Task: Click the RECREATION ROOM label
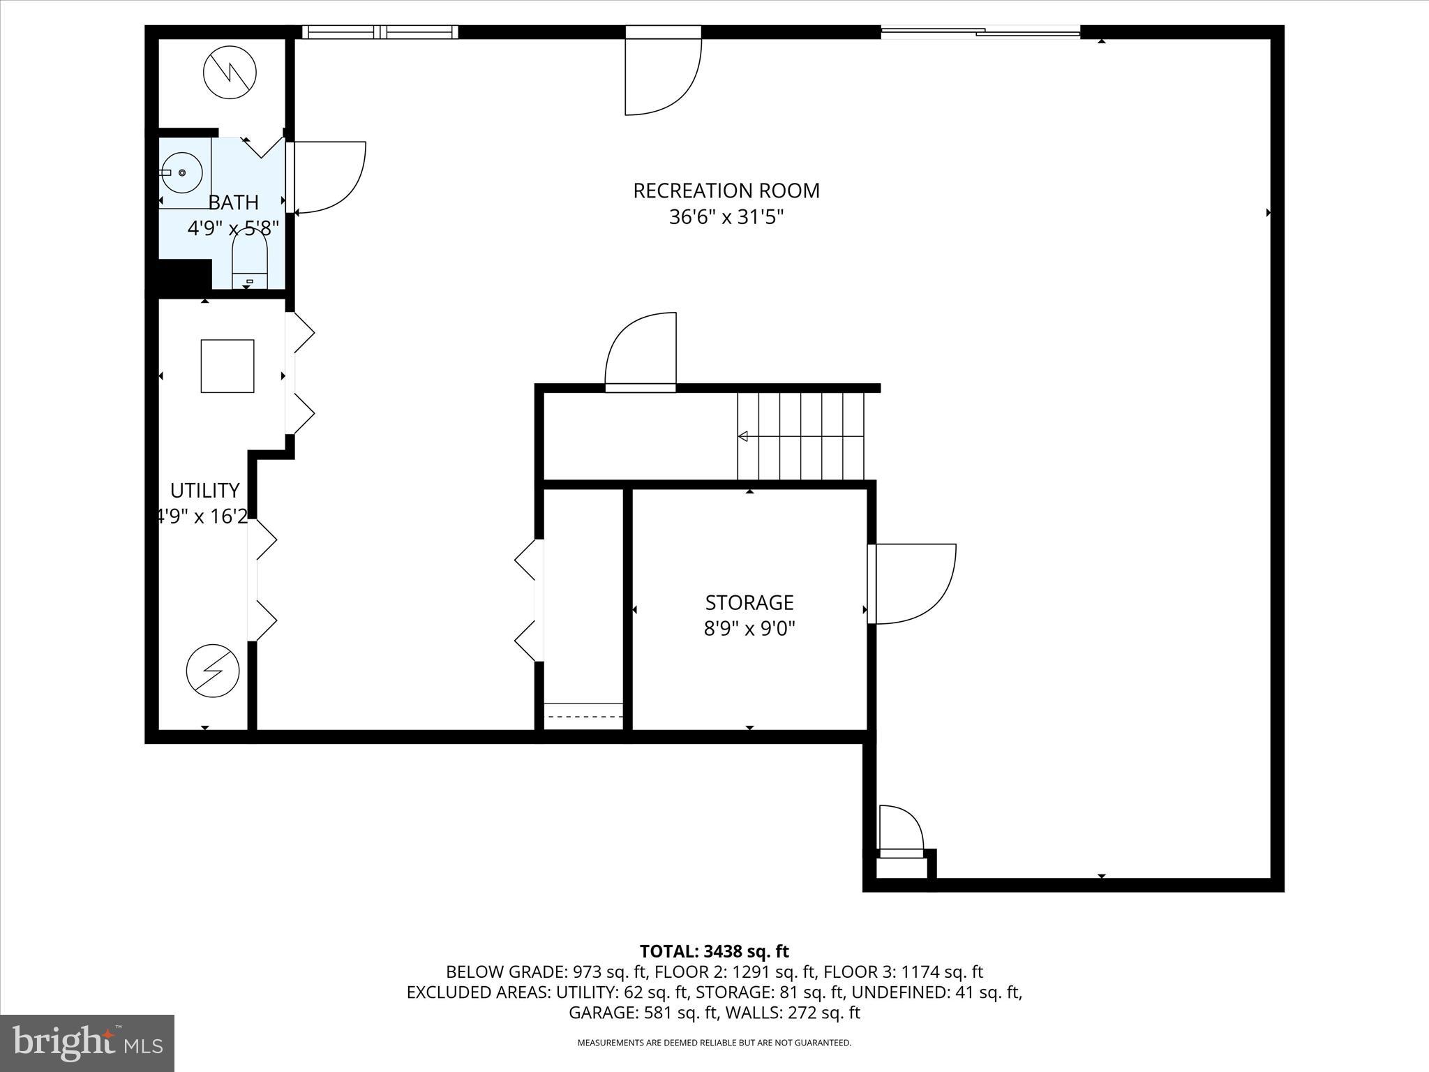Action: point(726,191)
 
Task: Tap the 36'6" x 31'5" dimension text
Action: point(726,217)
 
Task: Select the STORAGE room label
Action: point(749,602)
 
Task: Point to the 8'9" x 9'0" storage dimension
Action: point(749,629)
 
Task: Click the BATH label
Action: point(233,202)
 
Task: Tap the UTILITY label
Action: point(204,490)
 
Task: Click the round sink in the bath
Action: point(182,172)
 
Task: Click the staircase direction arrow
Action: point(744,436)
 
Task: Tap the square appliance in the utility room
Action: point(227,366)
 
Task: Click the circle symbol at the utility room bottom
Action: point(213,670)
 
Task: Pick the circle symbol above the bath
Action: point(230,72)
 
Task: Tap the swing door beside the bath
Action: point(327,177)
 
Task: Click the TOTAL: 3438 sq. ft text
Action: point(714,951)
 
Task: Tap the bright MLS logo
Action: point(87,1043)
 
